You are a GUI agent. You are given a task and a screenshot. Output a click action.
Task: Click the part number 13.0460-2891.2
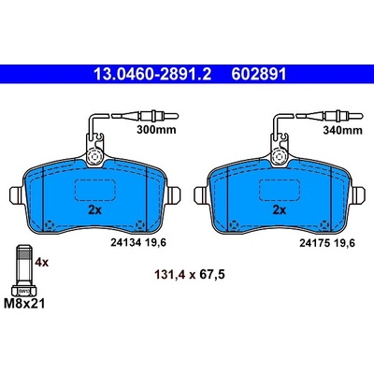152,75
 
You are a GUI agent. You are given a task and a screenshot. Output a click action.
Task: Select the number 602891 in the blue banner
258,75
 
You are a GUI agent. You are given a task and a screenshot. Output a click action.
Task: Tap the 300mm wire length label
156,130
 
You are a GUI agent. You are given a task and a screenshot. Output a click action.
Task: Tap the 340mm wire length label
342,130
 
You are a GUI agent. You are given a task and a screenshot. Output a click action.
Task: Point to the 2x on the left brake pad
95,210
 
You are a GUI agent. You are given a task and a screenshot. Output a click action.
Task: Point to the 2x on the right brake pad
280,210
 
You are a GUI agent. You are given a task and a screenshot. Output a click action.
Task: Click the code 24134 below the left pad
126,242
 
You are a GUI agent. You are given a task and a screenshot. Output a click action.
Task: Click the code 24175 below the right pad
314,243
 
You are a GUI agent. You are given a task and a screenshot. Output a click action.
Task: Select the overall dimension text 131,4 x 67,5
190,275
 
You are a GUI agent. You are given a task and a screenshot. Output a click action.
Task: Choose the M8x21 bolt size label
24,303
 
